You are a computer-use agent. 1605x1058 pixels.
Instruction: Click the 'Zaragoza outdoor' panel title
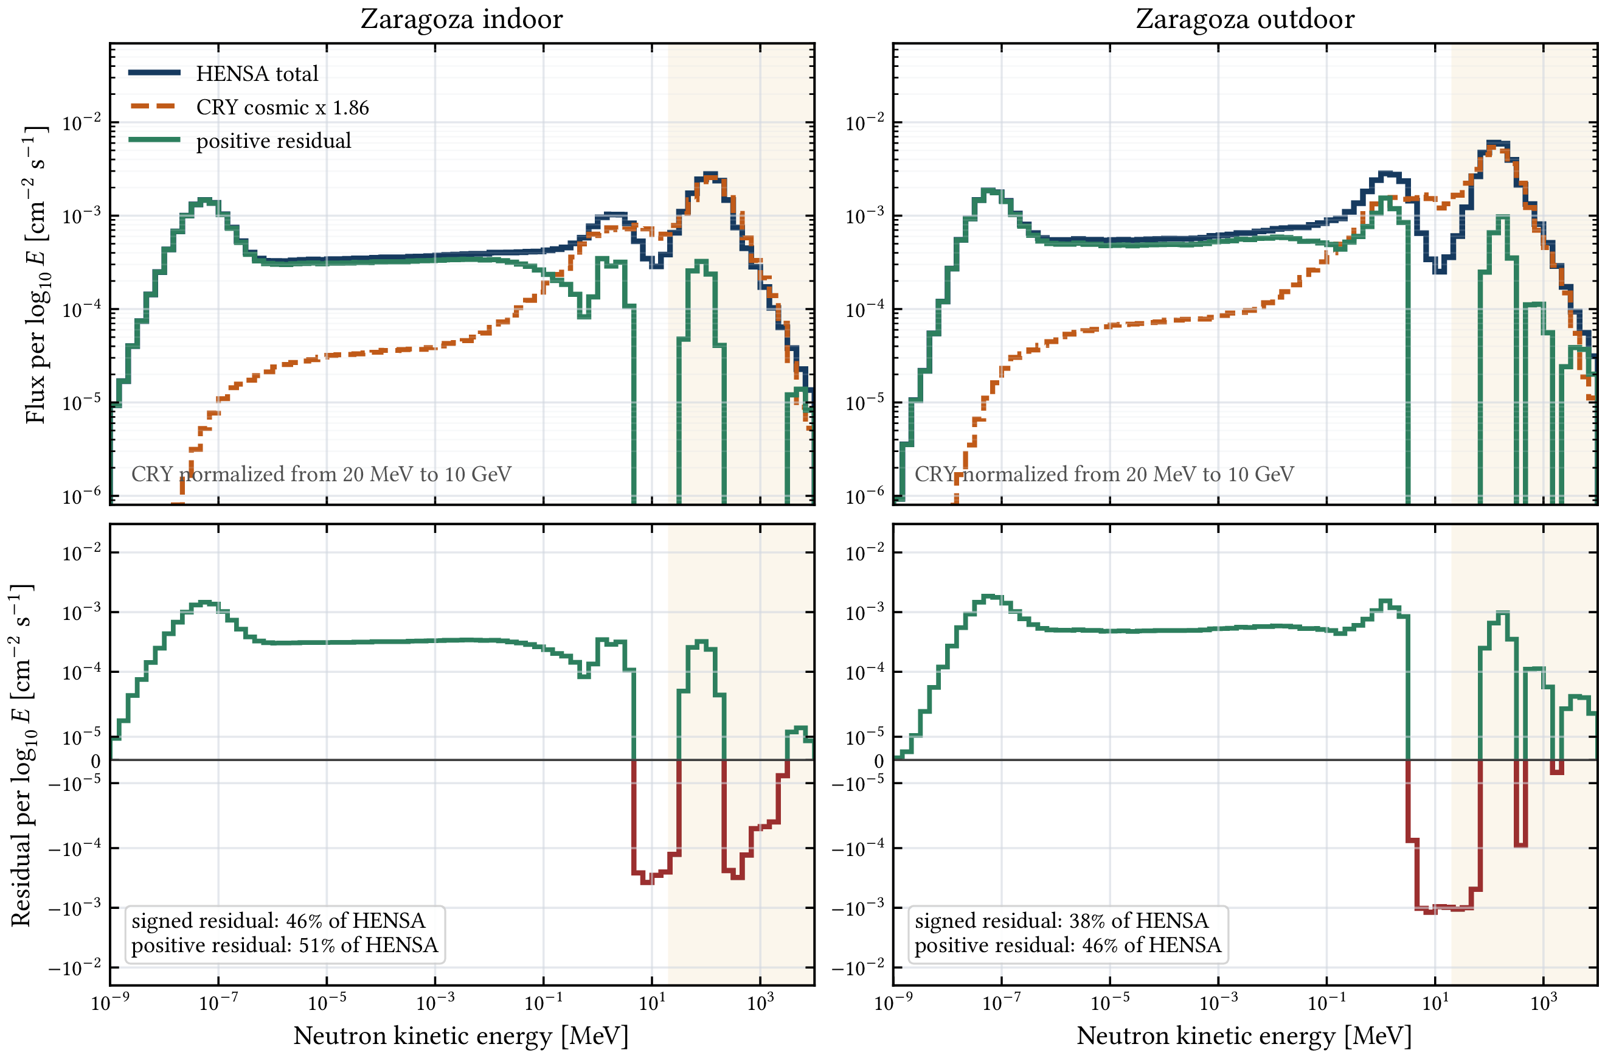pyautogui.click(x=1245, y=19)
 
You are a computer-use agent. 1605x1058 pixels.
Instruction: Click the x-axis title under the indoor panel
pyautogui.click(x=460, y=1035)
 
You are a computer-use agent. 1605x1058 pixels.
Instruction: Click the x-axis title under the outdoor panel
pyautogui.click(x=1244, y=1035)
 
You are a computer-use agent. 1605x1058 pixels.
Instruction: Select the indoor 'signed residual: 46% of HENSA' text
pyautogui.click(x=278, y=921)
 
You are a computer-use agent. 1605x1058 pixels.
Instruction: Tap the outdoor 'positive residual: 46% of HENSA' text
pyautogui.click(x=1067, y=945)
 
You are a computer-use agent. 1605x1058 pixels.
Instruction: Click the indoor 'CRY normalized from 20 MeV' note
pyautogui.click(x=321, y=474)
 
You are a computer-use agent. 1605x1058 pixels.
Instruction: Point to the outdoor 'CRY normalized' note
pyautogui.click(x=1104, y=474)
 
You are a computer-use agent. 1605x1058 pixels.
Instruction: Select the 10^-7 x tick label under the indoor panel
pyautogui.click(x=218, y=1002)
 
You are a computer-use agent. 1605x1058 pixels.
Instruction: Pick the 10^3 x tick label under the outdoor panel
pyautogui.click(x=1544, y=1002)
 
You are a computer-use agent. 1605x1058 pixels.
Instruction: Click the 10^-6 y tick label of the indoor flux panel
pyautogui.click(x=81, y=496)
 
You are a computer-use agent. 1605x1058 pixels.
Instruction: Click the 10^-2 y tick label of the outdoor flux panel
pyautogui.click(x=865, y=123)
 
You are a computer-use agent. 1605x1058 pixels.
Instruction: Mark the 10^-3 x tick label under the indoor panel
pyautogui.click(x=435, y=1002)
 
